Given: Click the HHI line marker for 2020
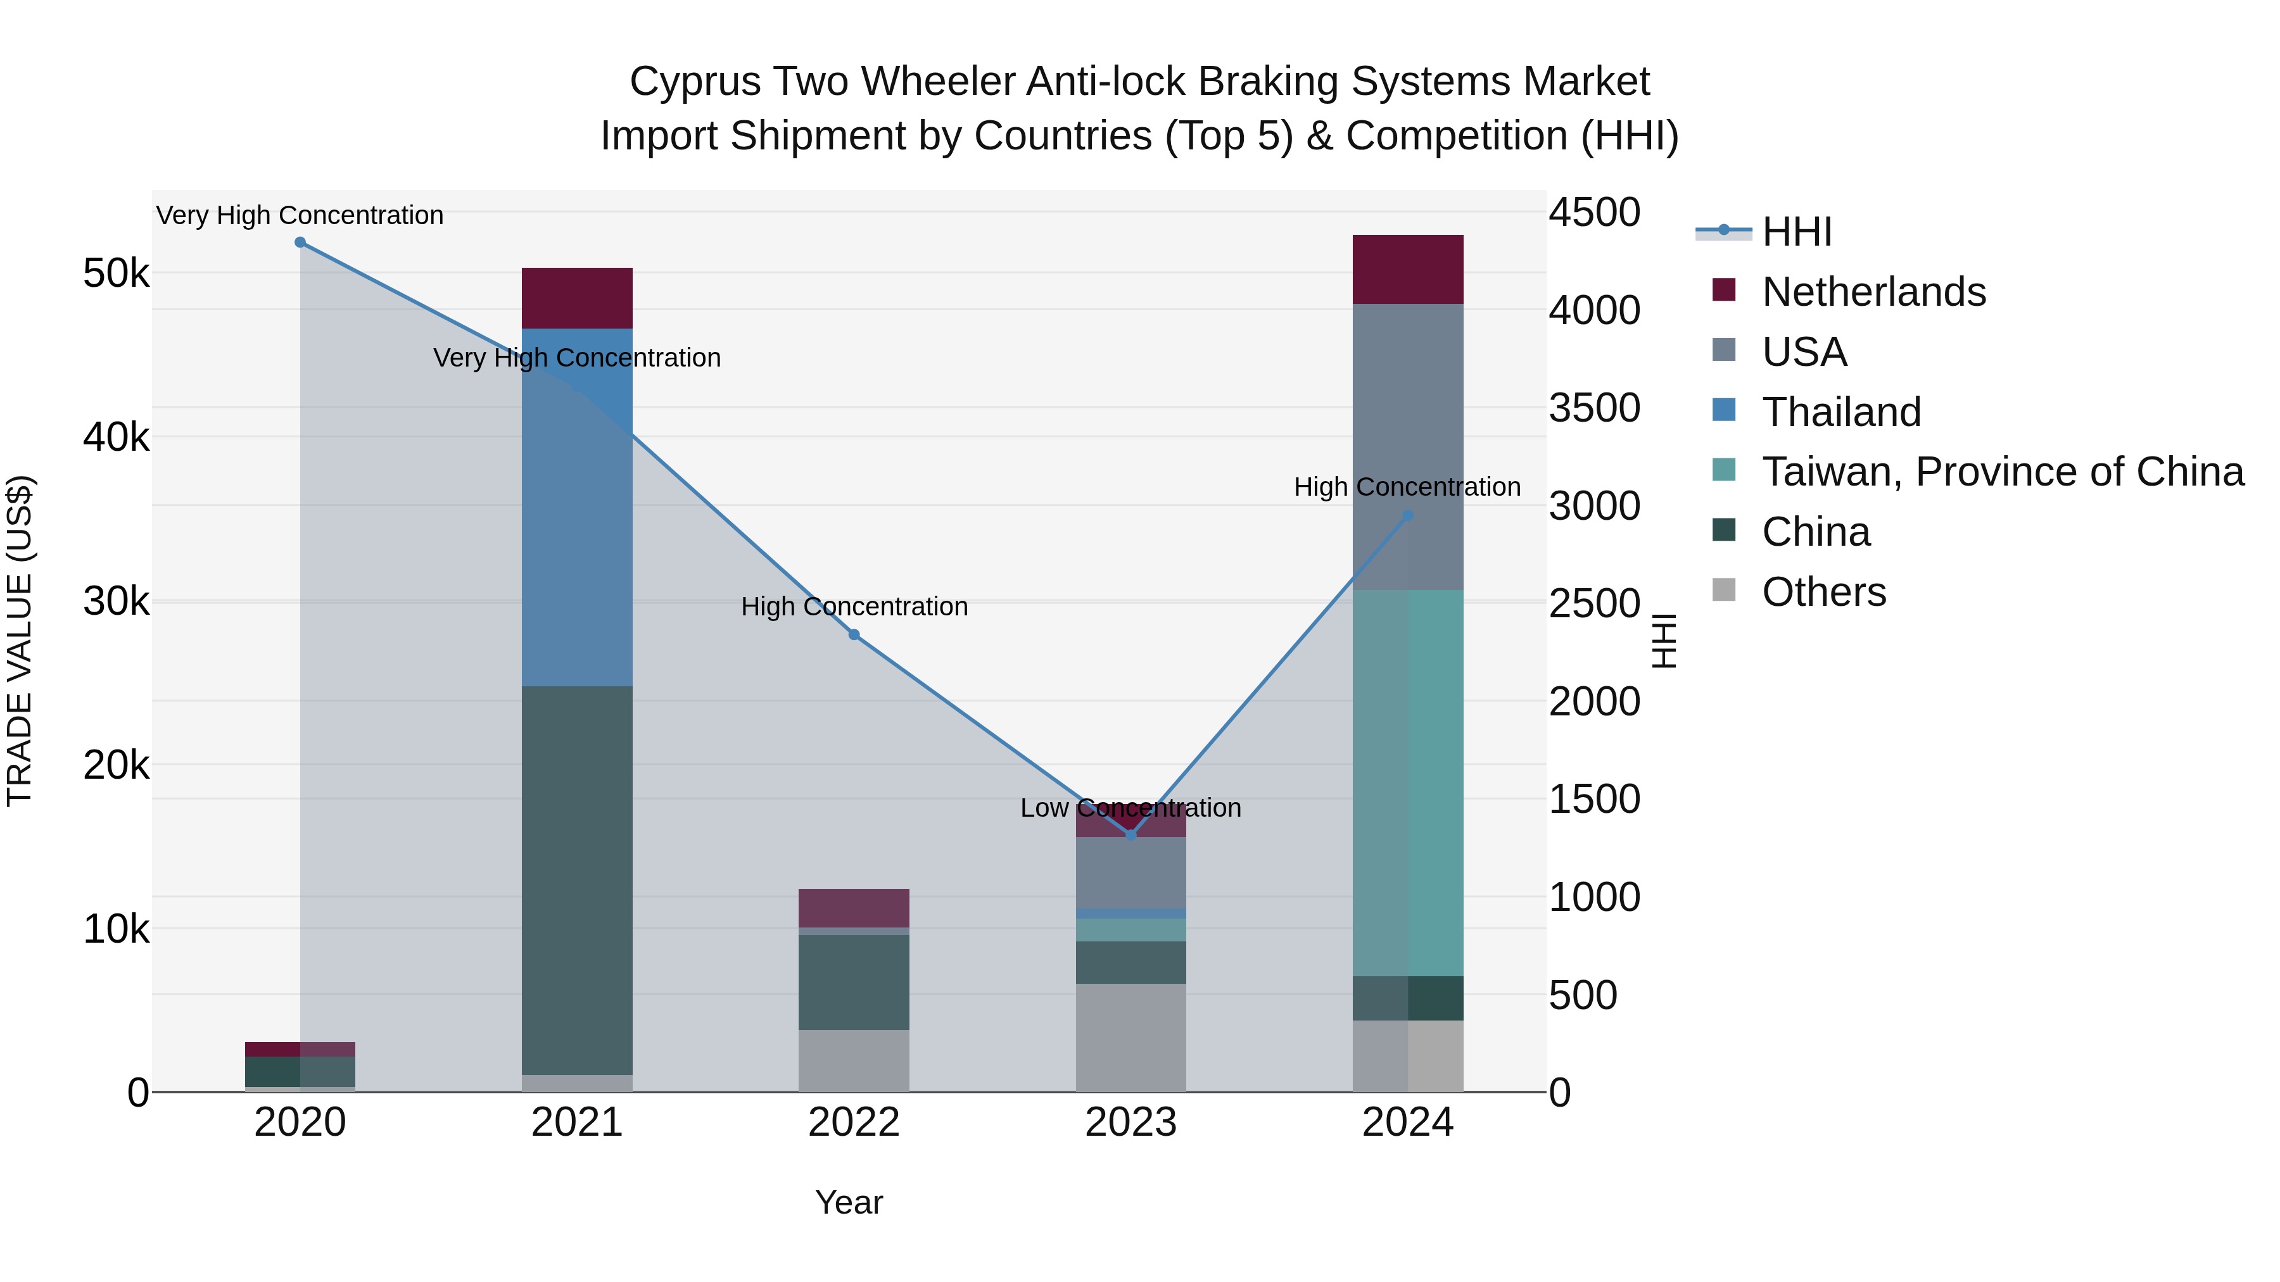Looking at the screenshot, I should pos(300,242).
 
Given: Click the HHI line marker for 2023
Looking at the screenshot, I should pos(1130,834).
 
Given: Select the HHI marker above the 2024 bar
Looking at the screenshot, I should pos(1408,515).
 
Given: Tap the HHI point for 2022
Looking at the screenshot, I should pos(854,634).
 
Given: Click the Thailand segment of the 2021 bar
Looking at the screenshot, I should pos(577,531).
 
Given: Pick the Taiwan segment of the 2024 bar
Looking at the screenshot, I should pos(1408,783).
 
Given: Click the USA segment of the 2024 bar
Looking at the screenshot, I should pos(1408,447).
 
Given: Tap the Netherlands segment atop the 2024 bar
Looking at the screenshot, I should pos(1408,269).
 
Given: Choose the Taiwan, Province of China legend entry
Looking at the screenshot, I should pos(2002,472).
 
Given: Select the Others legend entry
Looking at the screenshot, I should pos(1823,592).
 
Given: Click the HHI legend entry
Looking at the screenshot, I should pos(1796,232).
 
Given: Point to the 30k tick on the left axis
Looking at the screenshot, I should pos(116,601).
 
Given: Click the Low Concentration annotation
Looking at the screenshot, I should pos(1130,808).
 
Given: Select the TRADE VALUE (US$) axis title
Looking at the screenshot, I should pos(20,641).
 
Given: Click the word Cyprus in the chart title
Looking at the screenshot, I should pos(695,82).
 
